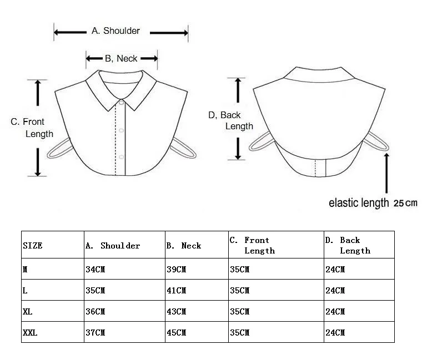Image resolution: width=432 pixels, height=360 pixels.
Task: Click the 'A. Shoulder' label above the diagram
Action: pos(115,31)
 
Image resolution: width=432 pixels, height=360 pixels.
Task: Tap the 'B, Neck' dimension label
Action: pos(121,58)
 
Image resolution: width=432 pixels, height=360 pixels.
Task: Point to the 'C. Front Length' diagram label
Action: pos(32,128)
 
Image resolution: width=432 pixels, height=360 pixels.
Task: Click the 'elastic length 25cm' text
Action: pos(373,202)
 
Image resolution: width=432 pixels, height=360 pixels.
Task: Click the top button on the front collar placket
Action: pos(121,103)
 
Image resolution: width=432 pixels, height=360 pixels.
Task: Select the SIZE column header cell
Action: pos(33,245)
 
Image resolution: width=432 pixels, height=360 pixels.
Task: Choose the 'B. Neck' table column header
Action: pos(184,245)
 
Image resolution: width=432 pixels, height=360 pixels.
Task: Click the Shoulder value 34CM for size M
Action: pos(95,269)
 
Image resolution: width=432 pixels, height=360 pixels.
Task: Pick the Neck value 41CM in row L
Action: pos(176,290)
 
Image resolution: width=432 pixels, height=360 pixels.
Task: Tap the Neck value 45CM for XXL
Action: pos(176,332)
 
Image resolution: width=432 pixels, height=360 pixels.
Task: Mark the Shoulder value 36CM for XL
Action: pos(95,311)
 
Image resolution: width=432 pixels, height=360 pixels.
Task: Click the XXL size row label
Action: pos(30,332)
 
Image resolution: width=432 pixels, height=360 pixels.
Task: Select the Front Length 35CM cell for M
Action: pos(239,269)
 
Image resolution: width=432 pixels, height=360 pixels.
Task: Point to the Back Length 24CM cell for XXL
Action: pos(335,332)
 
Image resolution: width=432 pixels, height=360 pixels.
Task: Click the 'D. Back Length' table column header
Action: pos(348,245)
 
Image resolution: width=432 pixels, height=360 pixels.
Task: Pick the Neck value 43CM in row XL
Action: pos(176,311)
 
